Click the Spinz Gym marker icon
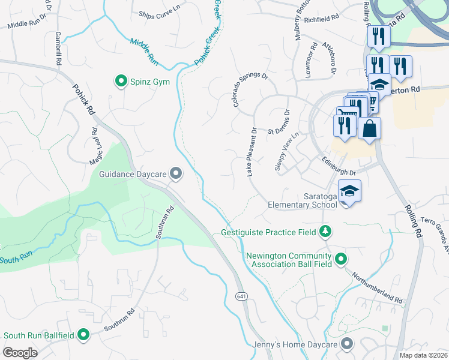(121, 81)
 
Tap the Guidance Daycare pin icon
(176, 174)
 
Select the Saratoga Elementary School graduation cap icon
(349, 191)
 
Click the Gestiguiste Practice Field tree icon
(325, 231)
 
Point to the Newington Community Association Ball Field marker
(341, 260)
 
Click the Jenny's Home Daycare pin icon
(346, 344)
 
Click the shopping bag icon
(369, 128)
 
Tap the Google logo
(20, 352)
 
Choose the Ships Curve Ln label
(159, 14)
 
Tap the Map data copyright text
(423, 355)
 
